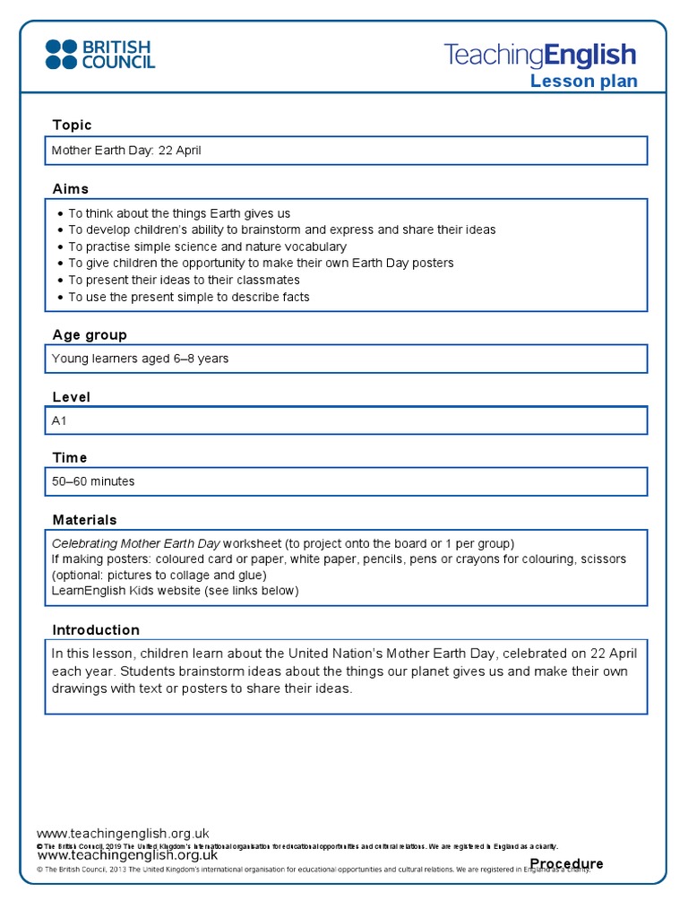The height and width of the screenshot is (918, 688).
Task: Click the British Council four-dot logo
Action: pos(61,55)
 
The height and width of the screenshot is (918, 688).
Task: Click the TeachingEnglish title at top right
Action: pos(540,56)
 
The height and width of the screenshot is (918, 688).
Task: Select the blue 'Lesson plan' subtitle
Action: pos(583,82)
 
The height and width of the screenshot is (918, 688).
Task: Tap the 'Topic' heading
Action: pos(72,125)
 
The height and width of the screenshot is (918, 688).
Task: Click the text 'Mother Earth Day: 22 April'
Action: pos(126,151)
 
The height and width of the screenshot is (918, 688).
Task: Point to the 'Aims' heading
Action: pos(71,189)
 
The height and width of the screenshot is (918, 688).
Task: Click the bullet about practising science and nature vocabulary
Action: pos(207,247)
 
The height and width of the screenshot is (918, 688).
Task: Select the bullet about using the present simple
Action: pos(188,297)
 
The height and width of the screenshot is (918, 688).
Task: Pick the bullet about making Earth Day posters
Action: pos(261,263)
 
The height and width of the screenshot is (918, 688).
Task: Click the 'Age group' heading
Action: pos(90,334)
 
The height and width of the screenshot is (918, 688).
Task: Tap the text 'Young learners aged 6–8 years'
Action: pos(140,359)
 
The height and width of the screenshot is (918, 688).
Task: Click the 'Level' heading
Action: pos(72,397)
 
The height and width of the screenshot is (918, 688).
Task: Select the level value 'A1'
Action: pos(60,420)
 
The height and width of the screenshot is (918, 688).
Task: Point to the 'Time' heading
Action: pos(70,458)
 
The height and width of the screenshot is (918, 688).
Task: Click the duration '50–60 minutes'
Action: pos(93,481)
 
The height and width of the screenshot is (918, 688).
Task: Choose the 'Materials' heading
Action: pos(84,520)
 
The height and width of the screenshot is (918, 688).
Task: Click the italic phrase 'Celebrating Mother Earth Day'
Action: pos(135,543)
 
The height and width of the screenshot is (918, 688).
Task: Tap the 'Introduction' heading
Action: pos(96,630)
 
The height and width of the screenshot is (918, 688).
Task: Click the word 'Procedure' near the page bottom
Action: pos(566,864)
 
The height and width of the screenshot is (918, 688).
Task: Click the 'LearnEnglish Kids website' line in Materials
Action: pos(175,591)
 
